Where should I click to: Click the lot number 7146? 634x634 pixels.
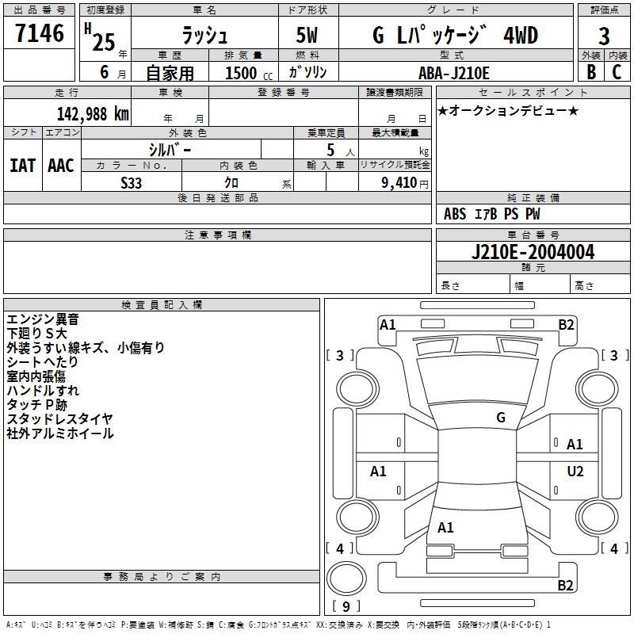click(x=40, y=34)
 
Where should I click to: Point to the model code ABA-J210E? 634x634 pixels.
click(x=454, y=73)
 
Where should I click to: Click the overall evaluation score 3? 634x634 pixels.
click(x=604, y=36)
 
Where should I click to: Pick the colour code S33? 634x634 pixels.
click(x=132, y=183)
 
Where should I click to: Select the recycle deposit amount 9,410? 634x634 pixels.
click(x=394, y=183)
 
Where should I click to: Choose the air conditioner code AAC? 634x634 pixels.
click(x=61, y=166)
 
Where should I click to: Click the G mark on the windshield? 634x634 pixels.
click(x=500, y=417)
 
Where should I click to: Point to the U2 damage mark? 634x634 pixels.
click(x=575, y=472)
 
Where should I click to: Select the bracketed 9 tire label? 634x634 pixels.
click(x=346, y=607)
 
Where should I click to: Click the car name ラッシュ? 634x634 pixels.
click(x=204, y=35)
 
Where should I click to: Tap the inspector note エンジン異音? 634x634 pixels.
click(x=43, y=319)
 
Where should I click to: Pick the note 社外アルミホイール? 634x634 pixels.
click(x=60, y=433)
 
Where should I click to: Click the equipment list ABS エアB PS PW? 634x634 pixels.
click(x=492, y=214)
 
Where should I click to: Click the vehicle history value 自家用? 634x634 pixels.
click(x=170, y=73)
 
